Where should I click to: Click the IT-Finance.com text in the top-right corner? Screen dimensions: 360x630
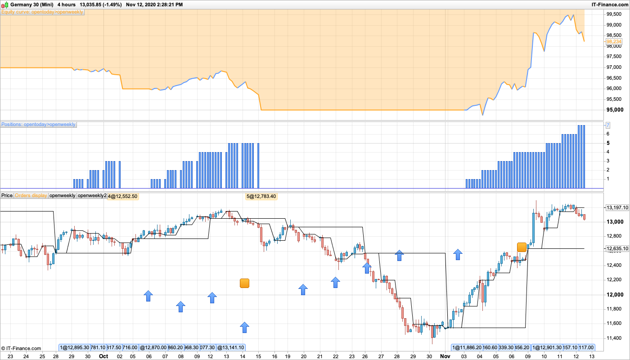coord(610,4)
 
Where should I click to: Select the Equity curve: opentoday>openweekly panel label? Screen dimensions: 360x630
coord(42,12)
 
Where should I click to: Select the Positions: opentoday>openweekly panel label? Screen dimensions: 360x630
coord(38,124)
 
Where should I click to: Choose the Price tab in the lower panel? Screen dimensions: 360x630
coord(7,195)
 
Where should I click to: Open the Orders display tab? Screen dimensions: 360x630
coord(31,195)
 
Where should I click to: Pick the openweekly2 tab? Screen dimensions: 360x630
coord(92,195)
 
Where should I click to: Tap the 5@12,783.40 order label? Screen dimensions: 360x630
coord(261,196)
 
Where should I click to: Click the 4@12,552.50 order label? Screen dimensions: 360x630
coord(122,196)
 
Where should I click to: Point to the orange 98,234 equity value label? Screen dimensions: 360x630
coord(614,41)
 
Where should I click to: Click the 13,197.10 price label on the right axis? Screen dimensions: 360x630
coord(617,207)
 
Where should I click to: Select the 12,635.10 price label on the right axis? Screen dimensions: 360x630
coord(617,248)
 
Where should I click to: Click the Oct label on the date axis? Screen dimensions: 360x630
coord(103,355)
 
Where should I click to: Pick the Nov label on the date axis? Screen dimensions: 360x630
coord(445,355)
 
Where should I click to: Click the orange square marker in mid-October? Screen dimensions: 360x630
coord(244,283)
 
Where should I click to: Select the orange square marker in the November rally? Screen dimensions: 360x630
coord(522,247)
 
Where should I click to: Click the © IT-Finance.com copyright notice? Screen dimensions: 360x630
coord(21,348)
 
